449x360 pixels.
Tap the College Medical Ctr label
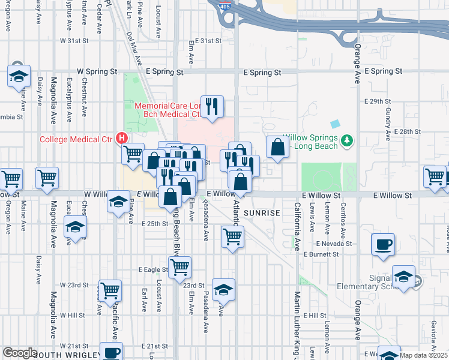click(76, 140)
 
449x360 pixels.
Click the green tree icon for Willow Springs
click(346, 140)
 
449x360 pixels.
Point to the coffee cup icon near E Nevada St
click(383, 244)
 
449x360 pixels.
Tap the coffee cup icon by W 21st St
click(111, 352)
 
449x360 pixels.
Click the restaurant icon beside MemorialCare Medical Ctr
click(212, 106)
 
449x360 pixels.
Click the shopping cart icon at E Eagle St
click(179, 267)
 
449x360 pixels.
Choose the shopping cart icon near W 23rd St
click(110, 291)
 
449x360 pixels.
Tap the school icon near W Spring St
click(19, 76)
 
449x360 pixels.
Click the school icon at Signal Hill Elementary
click(404, 277)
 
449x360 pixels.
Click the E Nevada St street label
click(332, 244)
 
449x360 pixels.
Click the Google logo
click(20, 353)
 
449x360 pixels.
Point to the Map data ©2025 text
click(424, 355)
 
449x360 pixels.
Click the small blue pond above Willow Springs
click(334, 123)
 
